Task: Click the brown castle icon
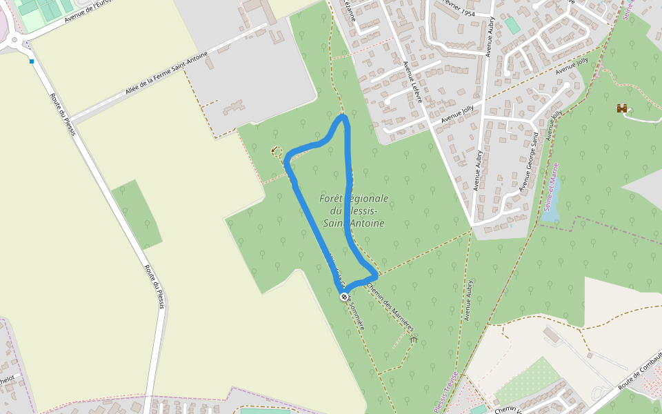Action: [623, 108]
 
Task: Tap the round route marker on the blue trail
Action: [344, 297]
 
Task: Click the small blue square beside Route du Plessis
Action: [32, 61]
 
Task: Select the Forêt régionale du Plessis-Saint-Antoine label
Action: [354, 210]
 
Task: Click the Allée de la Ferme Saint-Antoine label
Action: [166, 74]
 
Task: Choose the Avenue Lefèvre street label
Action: [412, 81]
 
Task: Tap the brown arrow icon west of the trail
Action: [276, 150]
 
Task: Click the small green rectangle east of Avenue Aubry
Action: [512, 26]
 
